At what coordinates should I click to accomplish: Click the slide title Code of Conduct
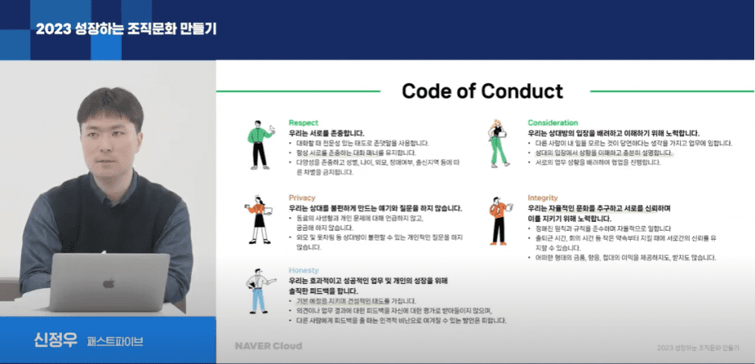[482, 90]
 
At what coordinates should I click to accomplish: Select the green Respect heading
[303, 123]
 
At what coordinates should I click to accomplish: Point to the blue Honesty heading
[303, 270]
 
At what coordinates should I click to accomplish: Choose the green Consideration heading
[553, 123]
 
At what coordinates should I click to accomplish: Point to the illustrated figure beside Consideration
[498, 143]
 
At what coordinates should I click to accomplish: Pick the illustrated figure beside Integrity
[498, 216]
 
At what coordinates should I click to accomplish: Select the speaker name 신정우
[50, 340]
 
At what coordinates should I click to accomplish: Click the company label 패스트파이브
[115, 341]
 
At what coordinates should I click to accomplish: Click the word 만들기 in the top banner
[197, 28]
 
